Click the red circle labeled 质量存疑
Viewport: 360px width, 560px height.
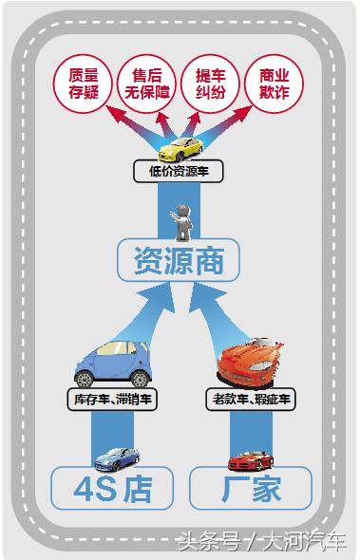pyautogui.click(x=84, y=84)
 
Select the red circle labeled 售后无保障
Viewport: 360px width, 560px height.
pyautogui.click(x=145, y=84)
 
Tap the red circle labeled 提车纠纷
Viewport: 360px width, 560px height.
pyautogui.click(x=210, y=84)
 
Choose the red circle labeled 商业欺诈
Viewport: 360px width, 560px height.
pyautogui.click(x=273, y=84)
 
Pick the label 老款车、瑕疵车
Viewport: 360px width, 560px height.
pyautogui.click(x=248, y=400)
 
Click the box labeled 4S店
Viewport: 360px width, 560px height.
pyautogui.click(x=112, y=489)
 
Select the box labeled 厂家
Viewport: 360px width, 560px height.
pyautogui.click(x=251, y=489)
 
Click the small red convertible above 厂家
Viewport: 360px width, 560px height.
pyautogui.click(x=250, y=459)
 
